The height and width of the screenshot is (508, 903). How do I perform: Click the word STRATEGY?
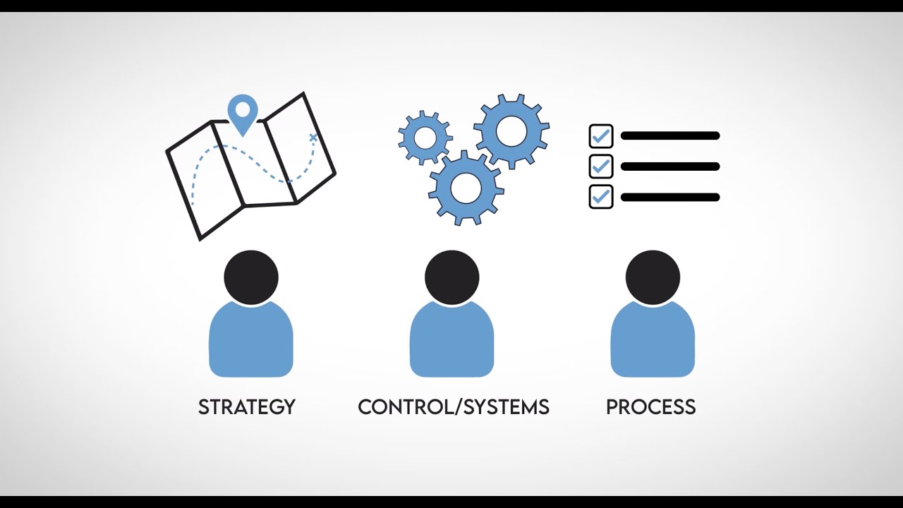[x=246, y=407]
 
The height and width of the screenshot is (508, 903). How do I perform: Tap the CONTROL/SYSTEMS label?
[x=453, y=407]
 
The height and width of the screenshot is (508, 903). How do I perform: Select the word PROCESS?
[x=650, y=407]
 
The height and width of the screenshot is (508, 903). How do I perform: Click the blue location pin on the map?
[x=243, y=113]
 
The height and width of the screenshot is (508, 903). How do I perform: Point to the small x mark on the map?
[x=313, y=138]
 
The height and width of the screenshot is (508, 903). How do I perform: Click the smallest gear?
[x=425, y=138]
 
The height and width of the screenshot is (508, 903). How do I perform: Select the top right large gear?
[x=511, y=131]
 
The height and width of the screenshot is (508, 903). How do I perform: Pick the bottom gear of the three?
[x=466, y=188]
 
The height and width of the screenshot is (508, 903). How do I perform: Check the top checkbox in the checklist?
[x=601, y=136]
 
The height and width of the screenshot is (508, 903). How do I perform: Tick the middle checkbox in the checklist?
[x=601, y=167]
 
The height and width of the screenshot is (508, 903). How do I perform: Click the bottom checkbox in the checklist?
[x=601, y=197]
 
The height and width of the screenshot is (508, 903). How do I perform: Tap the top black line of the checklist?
[x=670, y=136]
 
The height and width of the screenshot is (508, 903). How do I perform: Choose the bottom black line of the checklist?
[x=670, y=198]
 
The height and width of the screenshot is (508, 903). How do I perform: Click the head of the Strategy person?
[x=251, y=277]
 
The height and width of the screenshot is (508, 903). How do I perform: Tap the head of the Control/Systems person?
[x=451, y=277]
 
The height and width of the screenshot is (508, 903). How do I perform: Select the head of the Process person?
[x=653, y=277]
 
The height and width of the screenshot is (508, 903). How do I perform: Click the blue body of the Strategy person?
[x=251, y=342]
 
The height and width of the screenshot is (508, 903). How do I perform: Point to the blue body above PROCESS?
[x=653, y=342]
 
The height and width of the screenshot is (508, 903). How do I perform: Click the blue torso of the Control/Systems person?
[x=451, y=342]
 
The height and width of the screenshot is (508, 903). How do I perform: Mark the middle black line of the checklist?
[x=670, y=167]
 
